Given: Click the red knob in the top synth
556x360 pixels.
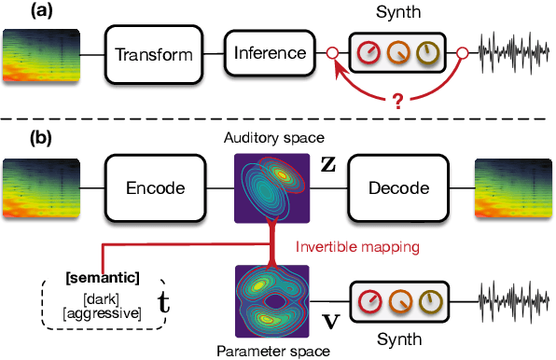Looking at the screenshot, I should pyautogui.click(x=367, y=53).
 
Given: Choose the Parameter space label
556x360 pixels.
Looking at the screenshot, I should pyautogui.click(x=273, y=352).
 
